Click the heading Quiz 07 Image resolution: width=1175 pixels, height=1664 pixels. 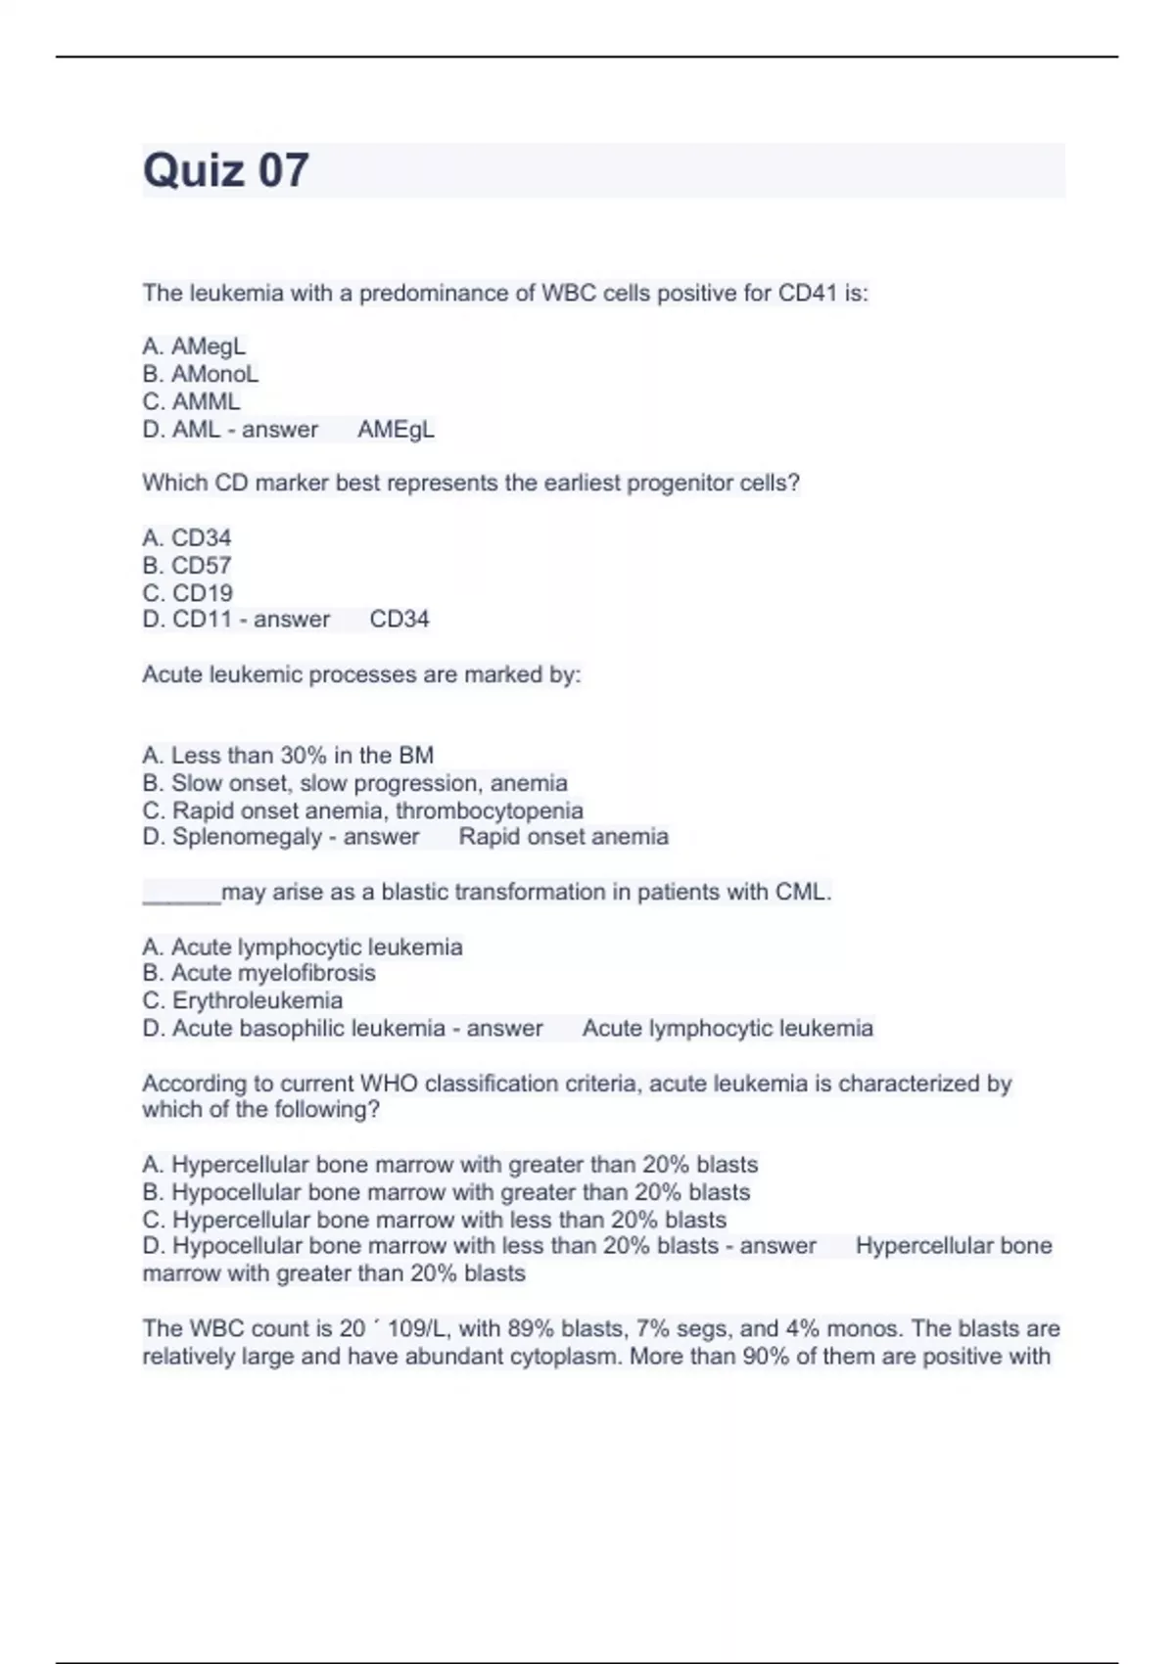coord(226,170)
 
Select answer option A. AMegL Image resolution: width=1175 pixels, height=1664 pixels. coord(194,347)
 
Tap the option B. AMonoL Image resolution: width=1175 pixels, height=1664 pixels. coord(201,374)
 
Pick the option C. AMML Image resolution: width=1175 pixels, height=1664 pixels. coord(191,401)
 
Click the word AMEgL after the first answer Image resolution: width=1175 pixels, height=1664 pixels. coord(396,430)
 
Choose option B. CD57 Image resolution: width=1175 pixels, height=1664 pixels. coord(187,566)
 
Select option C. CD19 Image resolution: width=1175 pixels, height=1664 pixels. coord(187,593)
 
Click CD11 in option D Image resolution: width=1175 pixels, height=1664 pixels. coord(202,620)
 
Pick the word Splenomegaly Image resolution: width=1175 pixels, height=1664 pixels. coord(248,837)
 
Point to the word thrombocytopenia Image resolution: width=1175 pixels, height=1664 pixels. coord(490,810)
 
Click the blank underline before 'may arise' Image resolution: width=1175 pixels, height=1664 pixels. coord(181,894)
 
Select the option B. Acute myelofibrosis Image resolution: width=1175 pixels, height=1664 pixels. coord(258,973)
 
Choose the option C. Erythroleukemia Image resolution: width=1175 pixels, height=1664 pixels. coord(243,1000)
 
